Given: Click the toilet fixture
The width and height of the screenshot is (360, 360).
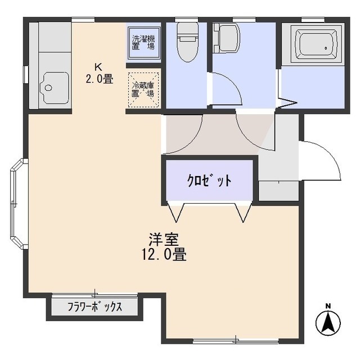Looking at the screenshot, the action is [x=187, y=42].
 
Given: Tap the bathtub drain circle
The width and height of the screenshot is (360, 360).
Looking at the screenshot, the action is [x=326, y=48].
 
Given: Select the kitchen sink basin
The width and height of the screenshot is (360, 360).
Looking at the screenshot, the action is [x=54, y=88].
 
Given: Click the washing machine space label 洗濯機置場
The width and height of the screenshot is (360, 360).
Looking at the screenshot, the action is [x=143, y=43].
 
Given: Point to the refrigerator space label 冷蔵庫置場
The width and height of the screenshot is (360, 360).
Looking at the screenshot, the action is [x=143, y=89].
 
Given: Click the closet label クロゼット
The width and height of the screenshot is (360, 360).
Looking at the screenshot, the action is [x=209, y=181].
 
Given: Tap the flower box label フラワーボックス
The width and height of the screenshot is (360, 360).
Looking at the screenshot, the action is [x=94, y=307].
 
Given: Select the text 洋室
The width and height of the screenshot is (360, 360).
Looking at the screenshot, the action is [x=164, y=240].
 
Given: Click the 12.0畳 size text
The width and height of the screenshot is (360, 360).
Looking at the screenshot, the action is [x=164, y=254].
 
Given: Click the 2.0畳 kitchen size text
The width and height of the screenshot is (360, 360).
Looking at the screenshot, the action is [x=100, y=79].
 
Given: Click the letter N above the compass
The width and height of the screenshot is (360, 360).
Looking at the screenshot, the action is [x=328, y=306].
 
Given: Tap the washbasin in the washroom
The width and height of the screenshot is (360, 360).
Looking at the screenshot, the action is [x=226, y=38].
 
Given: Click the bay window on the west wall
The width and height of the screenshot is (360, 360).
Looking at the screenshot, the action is [x=19, y=204].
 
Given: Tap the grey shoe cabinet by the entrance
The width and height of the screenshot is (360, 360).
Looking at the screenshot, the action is [x=278, y=191].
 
